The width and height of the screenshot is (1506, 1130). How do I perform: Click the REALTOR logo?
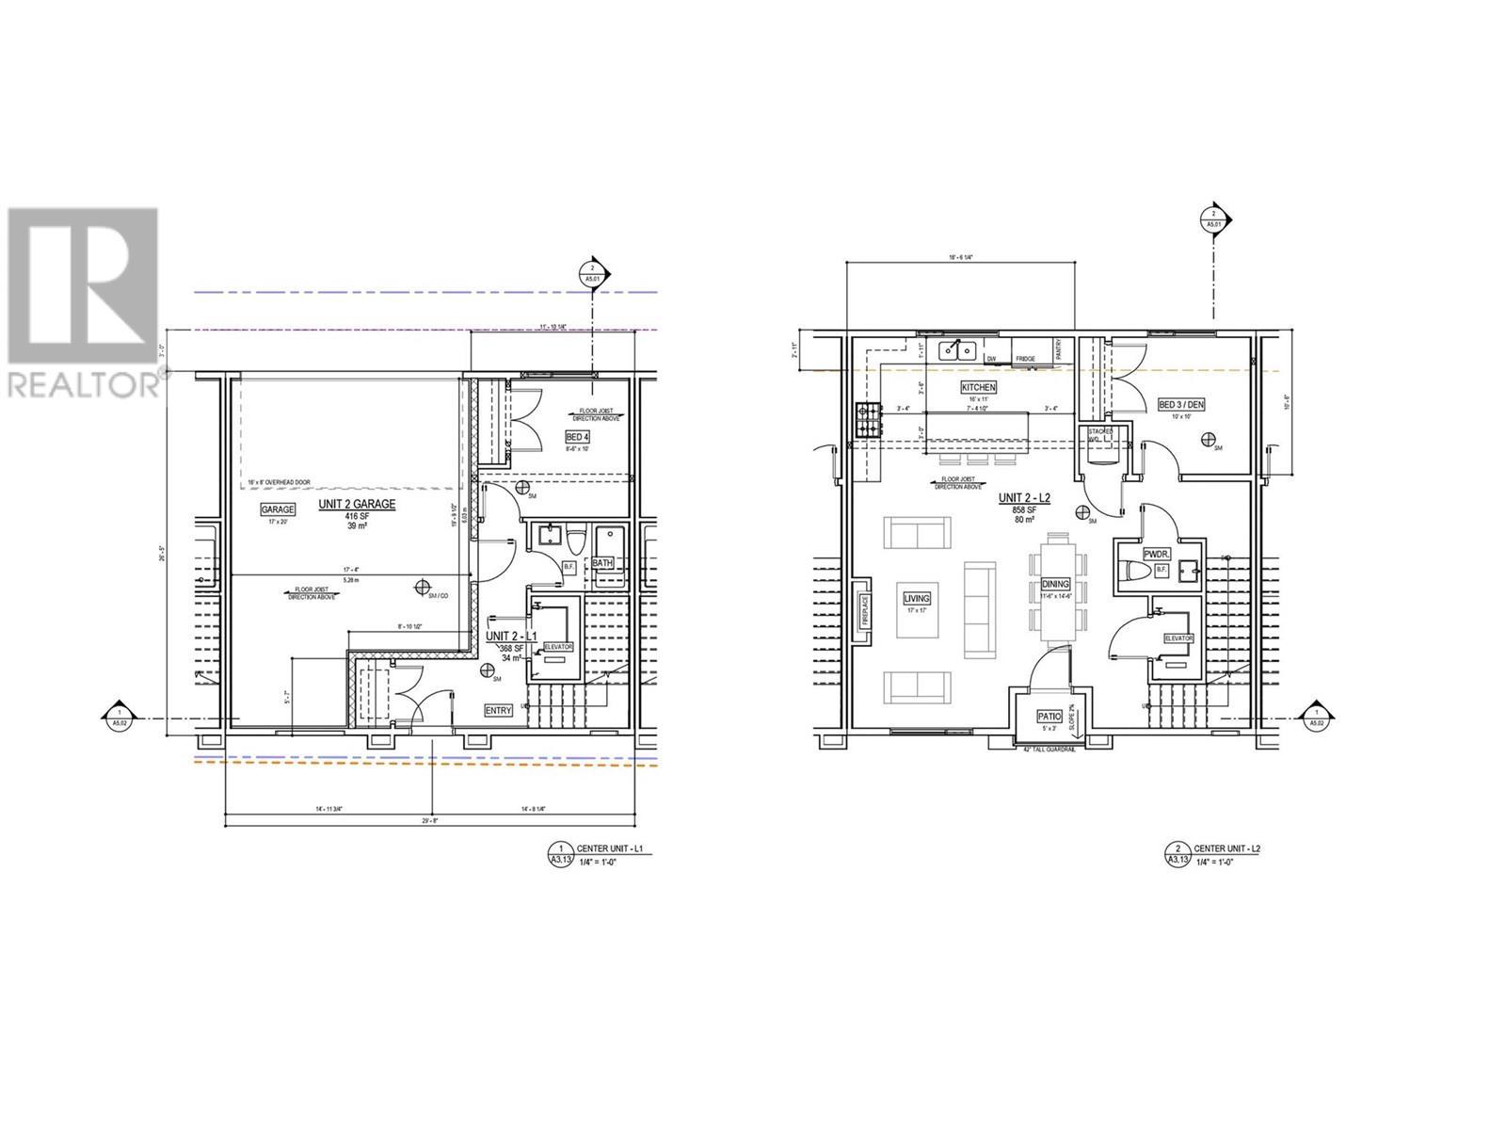83,301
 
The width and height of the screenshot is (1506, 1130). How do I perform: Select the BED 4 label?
576,437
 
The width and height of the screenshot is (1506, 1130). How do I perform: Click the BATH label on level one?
602,563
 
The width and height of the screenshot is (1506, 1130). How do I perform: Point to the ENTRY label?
498,711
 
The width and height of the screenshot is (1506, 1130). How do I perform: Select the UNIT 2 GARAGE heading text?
356,505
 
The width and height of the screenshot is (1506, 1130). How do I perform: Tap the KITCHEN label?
978,387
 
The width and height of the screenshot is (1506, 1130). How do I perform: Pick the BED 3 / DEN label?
1180,405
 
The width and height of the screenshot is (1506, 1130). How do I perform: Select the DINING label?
1056,584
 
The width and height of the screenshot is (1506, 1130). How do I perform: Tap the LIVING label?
917,598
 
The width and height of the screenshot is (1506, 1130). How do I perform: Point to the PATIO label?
1049,716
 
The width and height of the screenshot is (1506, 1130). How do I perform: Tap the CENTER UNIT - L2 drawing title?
1226,848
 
